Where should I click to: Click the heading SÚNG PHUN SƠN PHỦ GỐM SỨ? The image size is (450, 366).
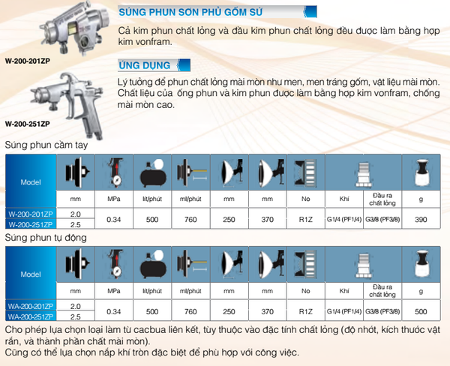click(x=190, y=12)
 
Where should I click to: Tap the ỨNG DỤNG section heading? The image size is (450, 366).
click(x=145, y=65)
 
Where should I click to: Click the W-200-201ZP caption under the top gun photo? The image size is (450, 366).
click(x=28, y=61)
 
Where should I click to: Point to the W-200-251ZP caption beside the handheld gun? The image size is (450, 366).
click(x=28, y=124)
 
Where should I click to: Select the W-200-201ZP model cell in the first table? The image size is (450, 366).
click(x=31, y=214)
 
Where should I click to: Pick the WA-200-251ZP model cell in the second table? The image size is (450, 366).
click(x=31, y=316)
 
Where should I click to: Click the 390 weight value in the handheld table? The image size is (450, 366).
click(x=421, y=219)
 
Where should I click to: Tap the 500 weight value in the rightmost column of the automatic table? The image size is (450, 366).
click(x=421, y=311)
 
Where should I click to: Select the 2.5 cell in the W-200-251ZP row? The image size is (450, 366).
click(x=76, y=224)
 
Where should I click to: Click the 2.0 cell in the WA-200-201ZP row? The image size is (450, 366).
click(x=76, y=306)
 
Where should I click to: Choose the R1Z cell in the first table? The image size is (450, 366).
click(x=306, y=219)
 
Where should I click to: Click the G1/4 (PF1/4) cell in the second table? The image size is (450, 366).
click(x=344, y=311)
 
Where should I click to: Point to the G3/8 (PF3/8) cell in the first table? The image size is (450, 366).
click(x=382, y=219)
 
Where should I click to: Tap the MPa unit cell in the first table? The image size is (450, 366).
click(x=114, y=199)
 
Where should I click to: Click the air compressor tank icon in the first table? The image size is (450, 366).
click(x=153, y=173)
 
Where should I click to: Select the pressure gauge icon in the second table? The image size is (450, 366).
click(x=115, y=265)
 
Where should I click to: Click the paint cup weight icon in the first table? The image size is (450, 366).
click(x=422, y=172)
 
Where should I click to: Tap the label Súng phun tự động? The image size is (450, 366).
click(x=46, y=238)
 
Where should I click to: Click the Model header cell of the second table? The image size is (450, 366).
click(x=31, y=274)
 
